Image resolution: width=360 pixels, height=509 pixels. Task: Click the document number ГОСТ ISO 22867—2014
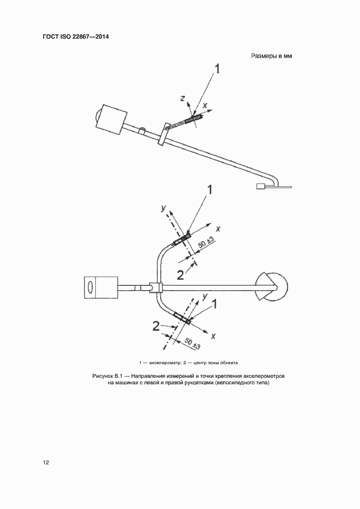click(76, 36)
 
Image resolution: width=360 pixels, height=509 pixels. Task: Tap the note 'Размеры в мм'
click(272, 56)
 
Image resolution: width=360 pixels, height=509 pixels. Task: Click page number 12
click(46, 462)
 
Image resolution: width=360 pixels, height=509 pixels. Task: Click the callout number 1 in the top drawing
click(217, 69)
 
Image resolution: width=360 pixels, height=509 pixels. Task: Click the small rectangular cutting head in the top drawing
click(261, 186)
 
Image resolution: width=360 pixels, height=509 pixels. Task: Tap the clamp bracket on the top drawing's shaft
click(163, 134)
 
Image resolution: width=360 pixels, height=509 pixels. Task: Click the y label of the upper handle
click(163, 208)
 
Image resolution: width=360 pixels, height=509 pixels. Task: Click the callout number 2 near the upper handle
click(180, 275)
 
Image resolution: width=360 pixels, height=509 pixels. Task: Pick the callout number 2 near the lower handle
click(156, 326)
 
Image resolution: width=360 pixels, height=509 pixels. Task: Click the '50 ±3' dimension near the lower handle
click(192, 344)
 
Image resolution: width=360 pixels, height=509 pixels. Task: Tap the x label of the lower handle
click(213, 336)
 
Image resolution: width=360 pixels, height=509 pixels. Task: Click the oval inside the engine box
click(90, 287)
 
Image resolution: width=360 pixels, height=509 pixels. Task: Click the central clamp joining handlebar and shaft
click(156, 287)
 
